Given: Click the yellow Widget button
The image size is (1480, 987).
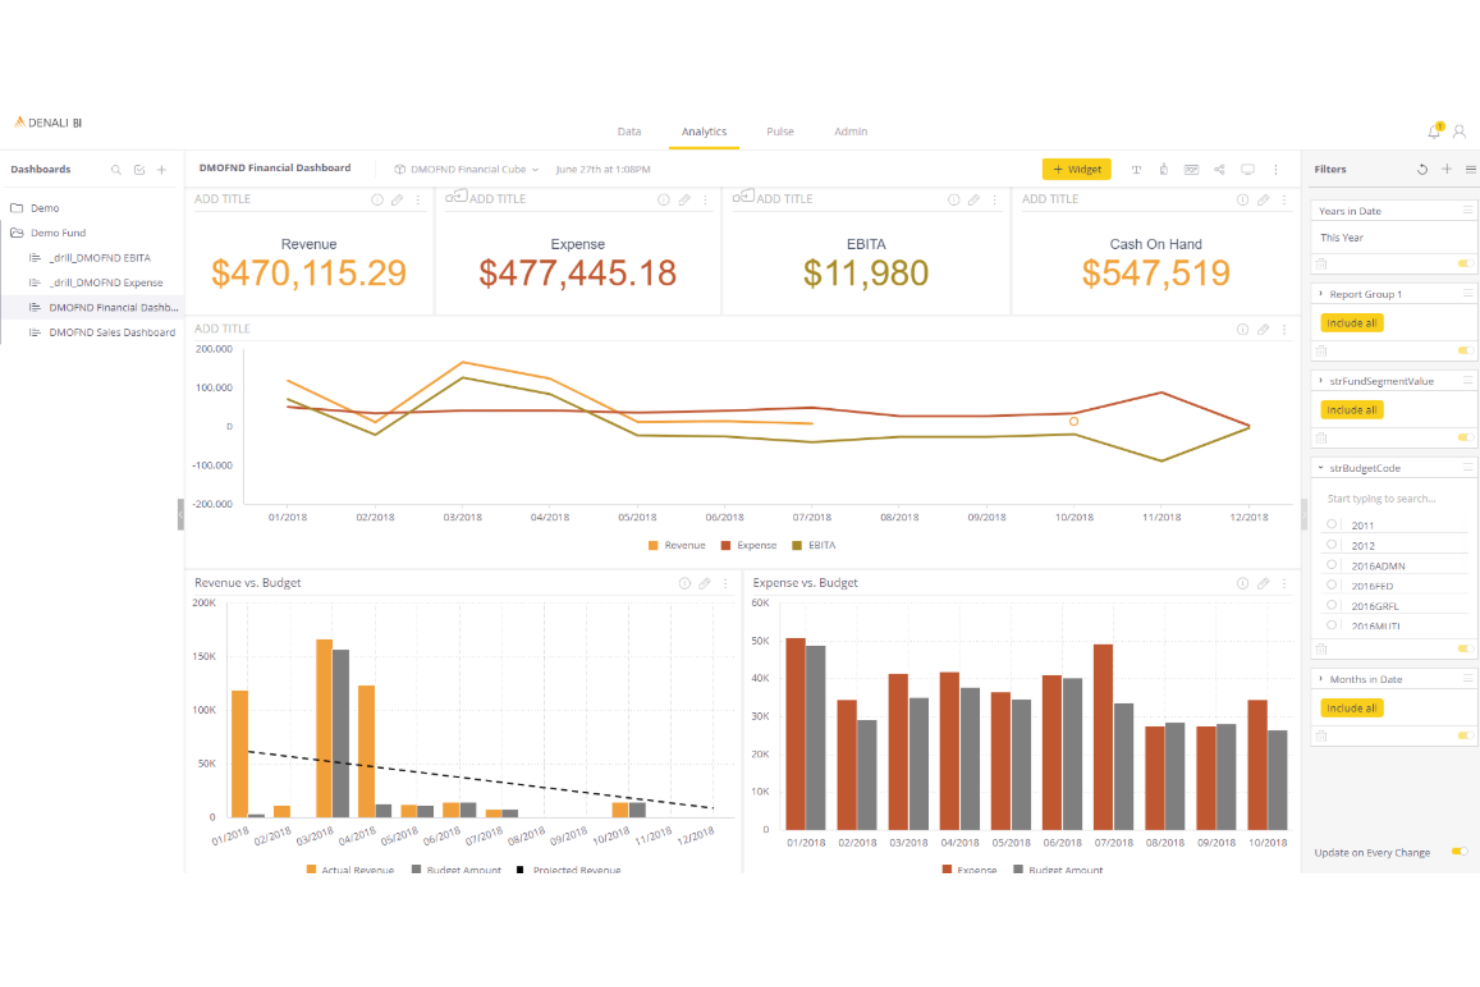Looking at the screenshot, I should (x=1076, y=169).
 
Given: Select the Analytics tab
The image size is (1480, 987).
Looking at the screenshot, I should (x=704, y=132).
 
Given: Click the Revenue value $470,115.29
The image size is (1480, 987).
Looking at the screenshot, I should (x=309, y=273).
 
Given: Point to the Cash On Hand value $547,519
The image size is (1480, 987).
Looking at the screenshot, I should (x=1155, y=273).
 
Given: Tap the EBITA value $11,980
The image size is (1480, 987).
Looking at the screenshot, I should (x=866, y=273).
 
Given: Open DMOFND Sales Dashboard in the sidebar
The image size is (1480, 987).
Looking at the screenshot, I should (x=111, y=332).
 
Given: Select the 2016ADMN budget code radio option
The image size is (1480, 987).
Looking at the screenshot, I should (x=1332, y=565).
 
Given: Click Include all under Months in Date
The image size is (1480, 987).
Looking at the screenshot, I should (x=1351, y=708).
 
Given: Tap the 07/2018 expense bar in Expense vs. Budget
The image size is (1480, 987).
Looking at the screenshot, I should (x=1103, y=737).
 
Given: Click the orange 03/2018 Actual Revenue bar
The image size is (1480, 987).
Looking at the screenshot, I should (x=324, y=728).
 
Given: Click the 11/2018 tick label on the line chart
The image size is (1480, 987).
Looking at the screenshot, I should (x=1161, y=517).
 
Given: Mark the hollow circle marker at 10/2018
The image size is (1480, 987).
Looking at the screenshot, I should (x=1074, y=422).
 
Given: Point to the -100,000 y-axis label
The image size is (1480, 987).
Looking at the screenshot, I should (x=212, y=465).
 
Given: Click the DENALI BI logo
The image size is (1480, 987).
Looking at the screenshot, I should (x=48, y=123).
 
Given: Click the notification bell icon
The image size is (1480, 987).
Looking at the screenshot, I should (x=1434, y=131).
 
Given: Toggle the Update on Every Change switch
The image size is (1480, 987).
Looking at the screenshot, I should (x=1460, y=852).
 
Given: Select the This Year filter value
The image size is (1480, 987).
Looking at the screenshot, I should (x=1341, y=238).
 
